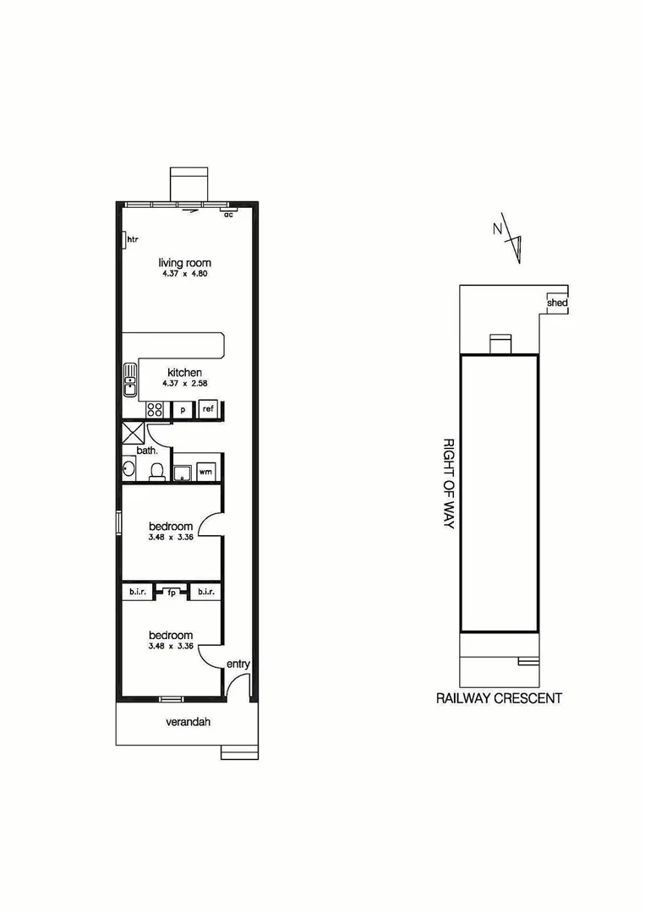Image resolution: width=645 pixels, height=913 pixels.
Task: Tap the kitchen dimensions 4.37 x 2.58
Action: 184,383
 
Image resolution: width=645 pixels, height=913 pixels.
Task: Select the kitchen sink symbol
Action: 130,380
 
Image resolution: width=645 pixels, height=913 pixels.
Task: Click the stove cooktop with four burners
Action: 156,410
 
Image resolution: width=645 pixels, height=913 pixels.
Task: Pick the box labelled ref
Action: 207,410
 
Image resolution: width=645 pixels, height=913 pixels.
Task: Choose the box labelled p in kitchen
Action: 183,410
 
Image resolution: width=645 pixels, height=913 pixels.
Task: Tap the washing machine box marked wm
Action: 205,472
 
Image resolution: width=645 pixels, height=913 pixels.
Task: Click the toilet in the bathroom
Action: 156,471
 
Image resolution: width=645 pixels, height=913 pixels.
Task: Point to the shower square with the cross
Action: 134,433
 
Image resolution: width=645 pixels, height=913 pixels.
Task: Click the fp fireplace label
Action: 172,592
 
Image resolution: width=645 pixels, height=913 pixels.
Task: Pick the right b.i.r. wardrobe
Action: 205,592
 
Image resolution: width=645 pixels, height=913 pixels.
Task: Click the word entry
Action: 238,664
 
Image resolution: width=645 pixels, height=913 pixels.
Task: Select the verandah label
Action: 187,722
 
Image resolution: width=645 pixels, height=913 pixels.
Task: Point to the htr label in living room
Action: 132,240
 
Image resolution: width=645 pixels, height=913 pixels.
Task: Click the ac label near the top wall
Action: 228,215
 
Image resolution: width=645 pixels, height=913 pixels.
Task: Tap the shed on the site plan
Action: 557,303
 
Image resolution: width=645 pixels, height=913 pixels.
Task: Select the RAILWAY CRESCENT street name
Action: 499,698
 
